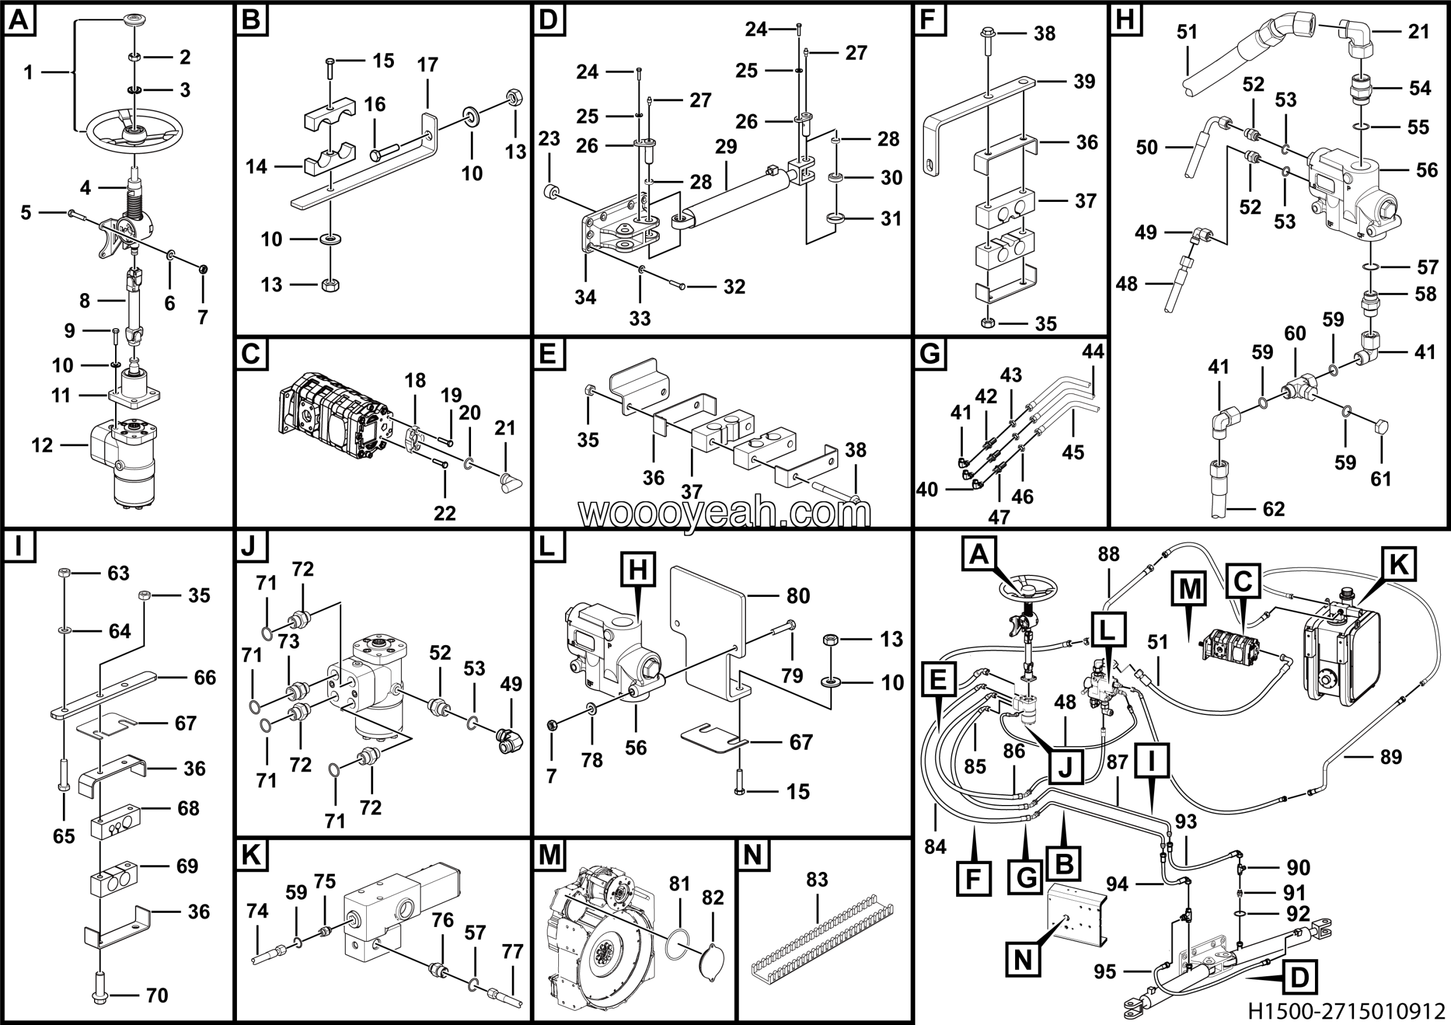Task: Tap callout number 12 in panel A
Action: point(43,446)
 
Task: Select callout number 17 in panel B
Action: point(427,65)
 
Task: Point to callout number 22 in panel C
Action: point(445,513)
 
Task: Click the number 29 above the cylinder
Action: point(726,147)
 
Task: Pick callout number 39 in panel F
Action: point(1084,82)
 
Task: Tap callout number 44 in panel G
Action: point(1093,352)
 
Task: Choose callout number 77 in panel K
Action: point(512,951)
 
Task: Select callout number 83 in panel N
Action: point(817,880)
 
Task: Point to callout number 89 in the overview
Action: point(1391,757)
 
